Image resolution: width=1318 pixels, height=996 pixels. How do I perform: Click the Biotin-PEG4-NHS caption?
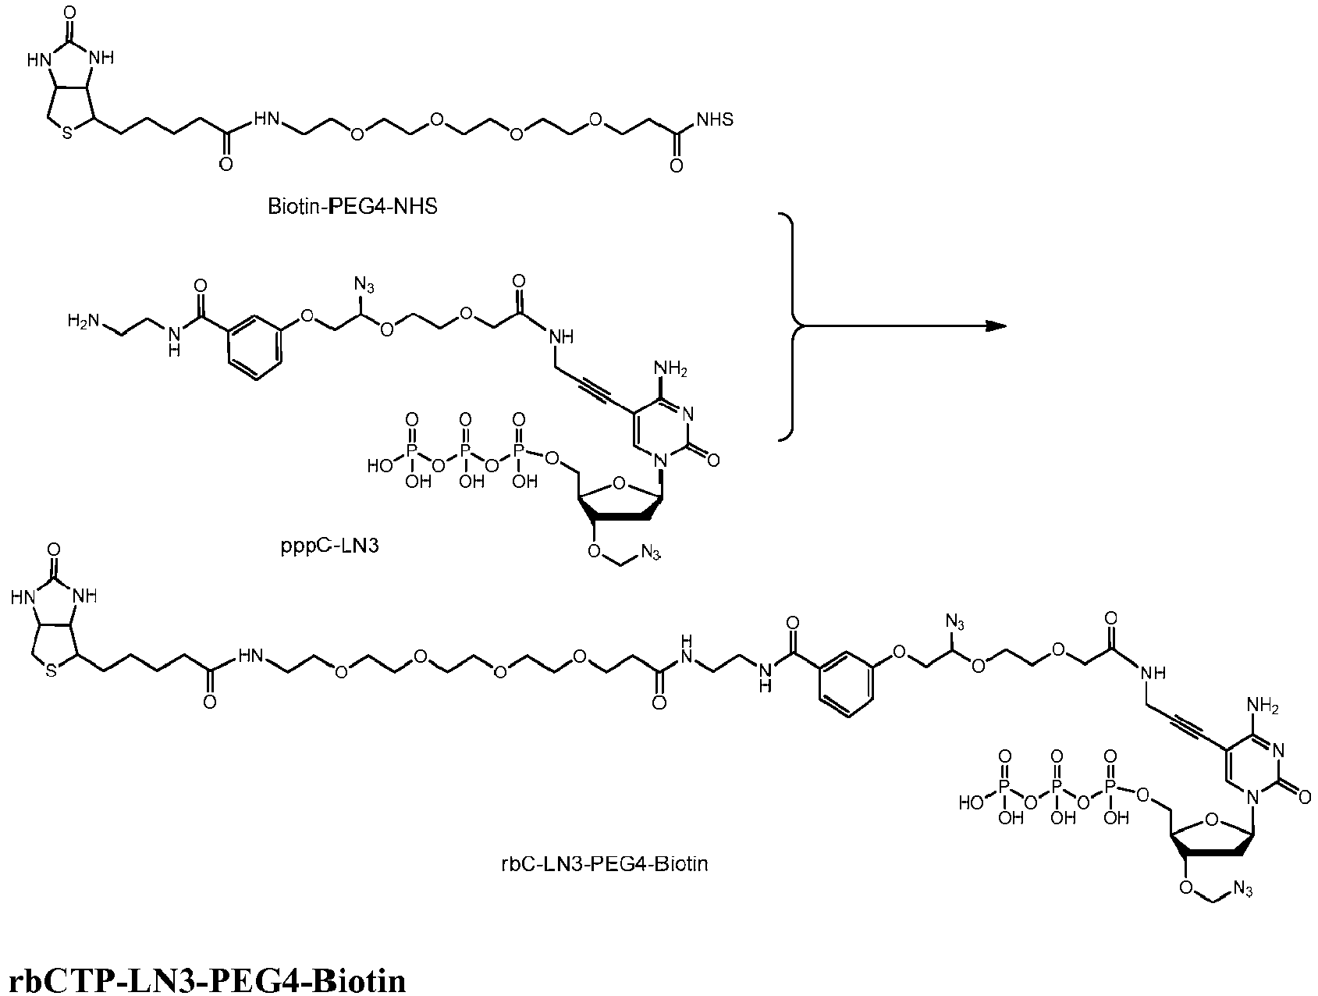point(352,208)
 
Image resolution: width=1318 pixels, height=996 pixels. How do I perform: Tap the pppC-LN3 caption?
point(330,546)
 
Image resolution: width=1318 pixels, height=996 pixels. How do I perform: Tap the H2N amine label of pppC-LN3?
point(83,321)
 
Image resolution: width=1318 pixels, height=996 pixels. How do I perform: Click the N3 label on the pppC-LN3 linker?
point(364,283)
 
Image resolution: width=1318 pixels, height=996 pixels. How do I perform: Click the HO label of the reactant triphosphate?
point(380,465)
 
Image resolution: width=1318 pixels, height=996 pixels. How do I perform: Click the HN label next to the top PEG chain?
point(267,120)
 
